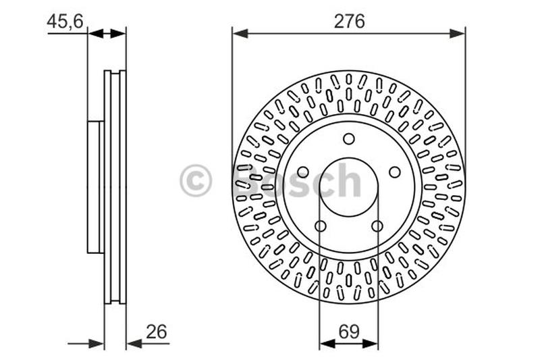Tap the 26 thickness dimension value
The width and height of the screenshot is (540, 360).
point(155,332)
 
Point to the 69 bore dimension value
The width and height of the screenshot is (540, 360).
point(349,332)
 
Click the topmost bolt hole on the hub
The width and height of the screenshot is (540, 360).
point(349,139)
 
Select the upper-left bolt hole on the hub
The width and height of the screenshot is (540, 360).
point(303,172)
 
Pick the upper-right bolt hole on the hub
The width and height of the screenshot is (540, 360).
point(395,172)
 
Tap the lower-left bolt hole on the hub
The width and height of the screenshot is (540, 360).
point(321,226)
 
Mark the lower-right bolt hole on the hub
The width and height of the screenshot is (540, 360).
point(377,226)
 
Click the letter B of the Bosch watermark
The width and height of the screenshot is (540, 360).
point(247,181)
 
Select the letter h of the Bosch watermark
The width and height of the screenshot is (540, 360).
point(348,180)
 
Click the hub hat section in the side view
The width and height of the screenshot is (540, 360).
point(95,187)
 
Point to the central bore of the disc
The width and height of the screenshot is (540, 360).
point(349,187)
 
